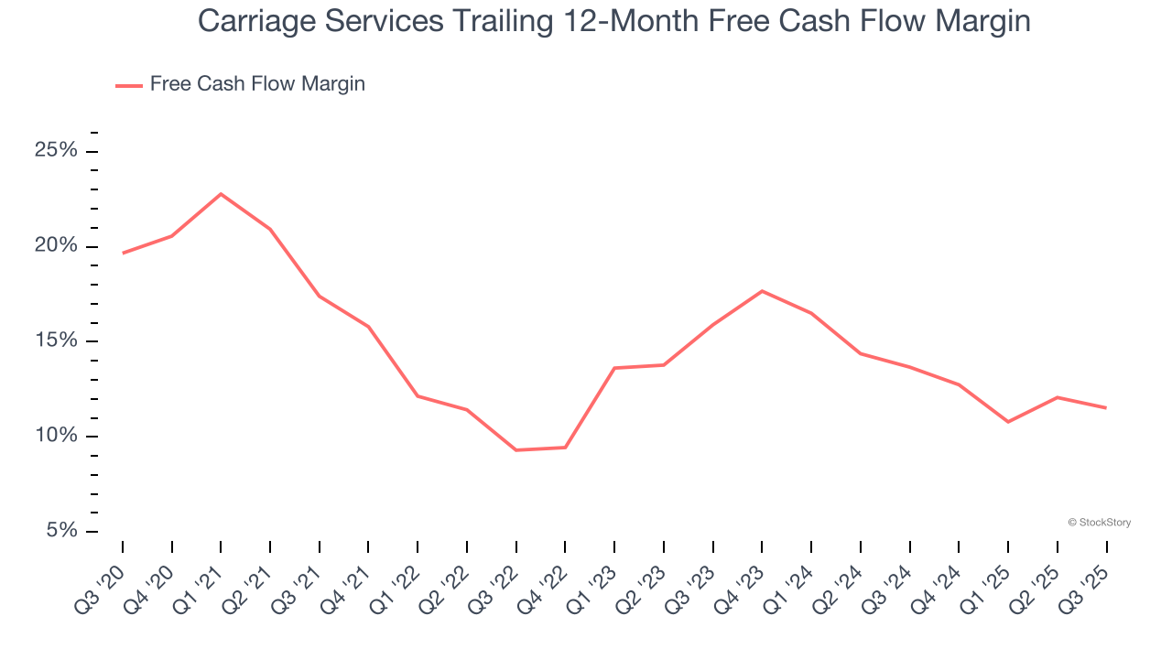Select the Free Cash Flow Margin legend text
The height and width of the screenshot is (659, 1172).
tap(257, 84)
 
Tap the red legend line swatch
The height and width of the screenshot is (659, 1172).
tap(128, 85)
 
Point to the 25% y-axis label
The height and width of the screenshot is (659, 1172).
tap(56, 150)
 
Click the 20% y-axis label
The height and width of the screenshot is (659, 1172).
tap(56, 245)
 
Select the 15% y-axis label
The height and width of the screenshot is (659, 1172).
tap(56, 340)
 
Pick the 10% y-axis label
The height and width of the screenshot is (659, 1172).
tap(56, 436)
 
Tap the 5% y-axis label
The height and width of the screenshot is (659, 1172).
tap(61, 531)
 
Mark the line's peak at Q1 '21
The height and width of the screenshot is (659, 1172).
tap(221, 194)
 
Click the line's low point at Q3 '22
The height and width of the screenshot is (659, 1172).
tap(516, 450)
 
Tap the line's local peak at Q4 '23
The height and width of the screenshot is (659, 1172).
tap(762, 291)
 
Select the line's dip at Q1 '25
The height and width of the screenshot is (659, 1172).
tap(1008, 422)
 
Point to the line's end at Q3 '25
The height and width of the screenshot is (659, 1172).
tap(1106, 408)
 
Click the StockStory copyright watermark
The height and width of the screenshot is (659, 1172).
tap(1099, 523)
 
